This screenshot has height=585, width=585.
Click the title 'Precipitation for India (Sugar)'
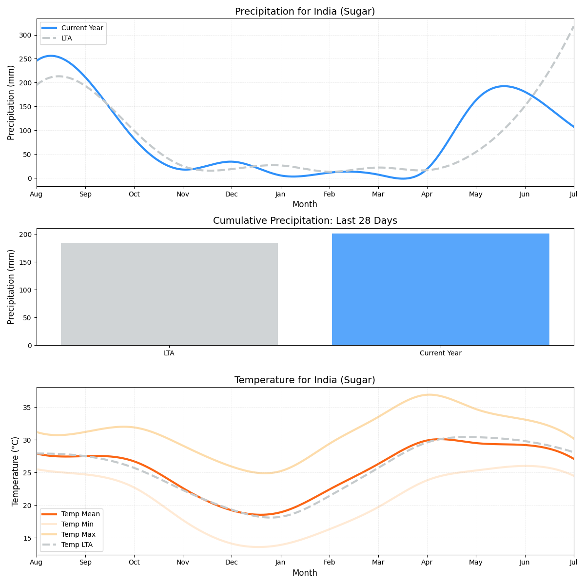coord(305,12)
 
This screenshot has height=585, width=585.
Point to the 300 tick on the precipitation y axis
coord(25,35)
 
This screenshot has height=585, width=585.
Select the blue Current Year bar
coord(440,290)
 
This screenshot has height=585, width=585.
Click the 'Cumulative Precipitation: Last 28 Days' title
coord(305,221)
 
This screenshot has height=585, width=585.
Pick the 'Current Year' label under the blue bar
coord(440,353)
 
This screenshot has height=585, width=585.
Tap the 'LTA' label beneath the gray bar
coord(169,353)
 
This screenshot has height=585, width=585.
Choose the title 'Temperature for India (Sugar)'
coord(305,380)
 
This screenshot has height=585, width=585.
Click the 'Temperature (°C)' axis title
coord(16,471)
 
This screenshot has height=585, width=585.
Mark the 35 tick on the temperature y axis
coord(27,408)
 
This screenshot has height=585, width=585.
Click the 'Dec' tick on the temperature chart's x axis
coord(232,563)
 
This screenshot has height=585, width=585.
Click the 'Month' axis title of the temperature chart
coord(305,573)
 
